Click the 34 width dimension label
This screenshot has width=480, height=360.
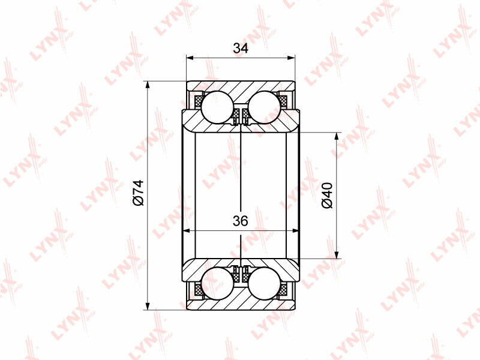(241, 49)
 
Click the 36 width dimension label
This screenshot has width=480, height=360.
(241, 221)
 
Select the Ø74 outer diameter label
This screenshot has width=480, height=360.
(139, 193)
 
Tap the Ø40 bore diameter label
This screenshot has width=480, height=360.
(327, 196)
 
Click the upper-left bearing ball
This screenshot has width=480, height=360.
(217, 107)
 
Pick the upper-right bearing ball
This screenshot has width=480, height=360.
(265, 107)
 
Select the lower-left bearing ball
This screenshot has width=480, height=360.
(217, 283)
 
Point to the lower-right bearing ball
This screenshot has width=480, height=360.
(265, 283)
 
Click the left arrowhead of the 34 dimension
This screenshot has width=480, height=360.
(190, 58)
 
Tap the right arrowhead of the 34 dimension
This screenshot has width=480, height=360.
(291, 58)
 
